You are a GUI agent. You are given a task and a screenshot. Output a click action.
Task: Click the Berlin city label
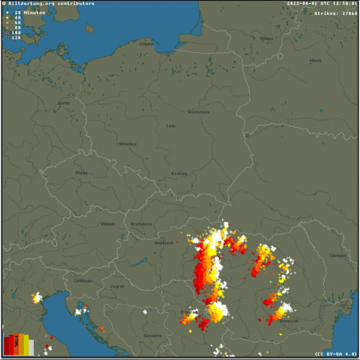point(64,103)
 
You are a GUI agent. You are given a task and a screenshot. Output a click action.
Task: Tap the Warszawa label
point(198,112)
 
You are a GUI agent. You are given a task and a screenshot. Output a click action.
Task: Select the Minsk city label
point(316,60)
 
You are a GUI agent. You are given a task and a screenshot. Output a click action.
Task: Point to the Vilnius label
point(266,38)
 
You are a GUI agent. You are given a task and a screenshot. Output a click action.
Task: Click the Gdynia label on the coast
point(147,45)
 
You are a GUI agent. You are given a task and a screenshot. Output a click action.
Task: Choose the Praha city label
point(81,173)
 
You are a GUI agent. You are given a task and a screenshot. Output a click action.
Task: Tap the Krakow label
point(179,174)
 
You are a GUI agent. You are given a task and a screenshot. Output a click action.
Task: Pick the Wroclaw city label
point(127,144)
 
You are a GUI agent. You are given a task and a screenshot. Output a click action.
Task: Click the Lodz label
point(171,126)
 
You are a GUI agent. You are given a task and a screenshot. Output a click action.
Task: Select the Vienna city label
point(107,224)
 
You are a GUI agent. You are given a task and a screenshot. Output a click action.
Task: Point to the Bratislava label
point(141,224)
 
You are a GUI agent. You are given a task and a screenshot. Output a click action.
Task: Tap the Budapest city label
point(164,243)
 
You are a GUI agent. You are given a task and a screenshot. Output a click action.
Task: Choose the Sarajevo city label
point(152,336)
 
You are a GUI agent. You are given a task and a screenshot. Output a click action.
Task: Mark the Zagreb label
point(117,286)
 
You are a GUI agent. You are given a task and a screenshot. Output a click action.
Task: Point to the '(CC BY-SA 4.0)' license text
point(336,354)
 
